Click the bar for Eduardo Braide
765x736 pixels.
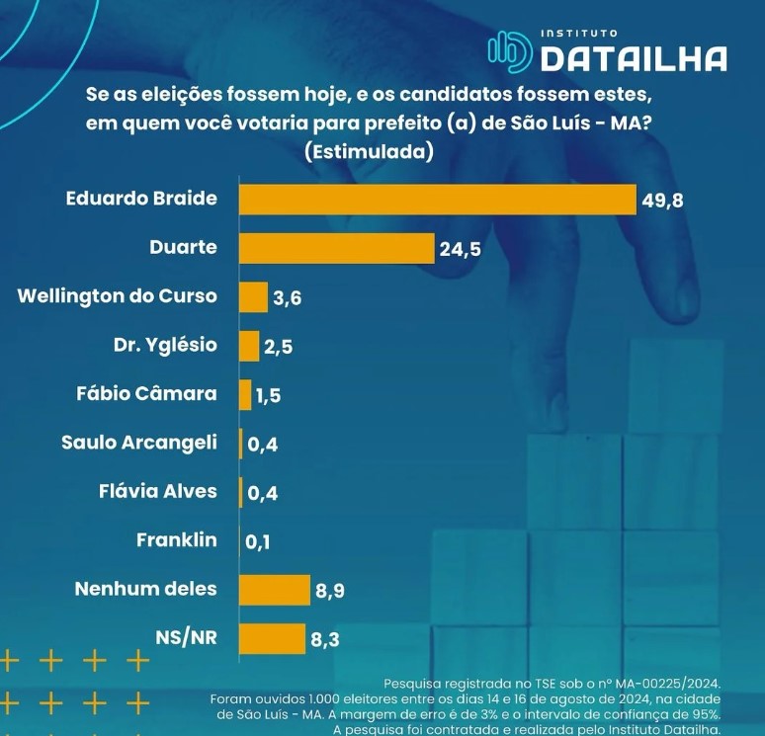coord(437,199)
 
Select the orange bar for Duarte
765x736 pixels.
coord(336,248)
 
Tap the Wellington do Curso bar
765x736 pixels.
coord(253,296)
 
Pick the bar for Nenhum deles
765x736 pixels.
coord(274,590)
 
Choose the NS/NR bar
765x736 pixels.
coord(272,638)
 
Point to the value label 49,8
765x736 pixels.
coord(662,200)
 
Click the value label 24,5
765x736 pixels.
coord(460,249)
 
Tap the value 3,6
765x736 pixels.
coord(287,297)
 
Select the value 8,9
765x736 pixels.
coord(329,591)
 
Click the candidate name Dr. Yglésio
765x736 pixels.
coord(165,345)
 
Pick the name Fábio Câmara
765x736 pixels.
coord(146,393)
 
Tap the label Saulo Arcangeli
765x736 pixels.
coord(138,443)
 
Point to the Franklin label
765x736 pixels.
coord(177,540)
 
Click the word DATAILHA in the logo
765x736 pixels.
coord(634,59)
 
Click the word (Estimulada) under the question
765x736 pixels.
coord(370,152)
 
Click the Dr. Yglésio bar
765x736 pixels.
coord(248,346)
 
